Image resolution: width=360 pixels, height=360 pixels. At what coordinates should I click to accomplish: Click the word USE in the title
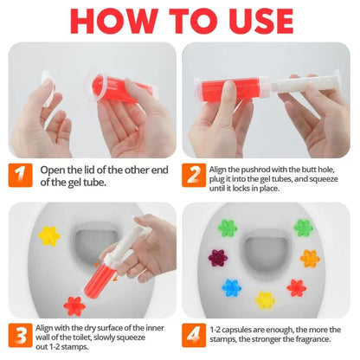pos(260,22)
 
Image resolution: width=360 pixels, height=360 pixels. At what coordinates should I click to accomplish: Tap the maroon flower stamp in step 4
pos(217,258)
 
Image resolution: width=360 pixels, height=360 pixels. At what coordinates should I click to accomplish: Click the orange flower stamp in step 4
pos(310,258)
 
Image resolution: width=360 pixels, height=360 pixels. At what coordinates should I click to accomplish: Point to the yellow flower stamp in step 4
pos(266,300)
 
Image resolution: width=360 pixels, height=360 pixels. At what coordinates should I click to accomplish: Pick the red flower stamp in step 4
pos(297,287)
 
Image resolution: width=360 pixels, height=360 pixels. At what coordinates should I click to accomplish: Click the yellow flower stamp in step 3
pos(48,235)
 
